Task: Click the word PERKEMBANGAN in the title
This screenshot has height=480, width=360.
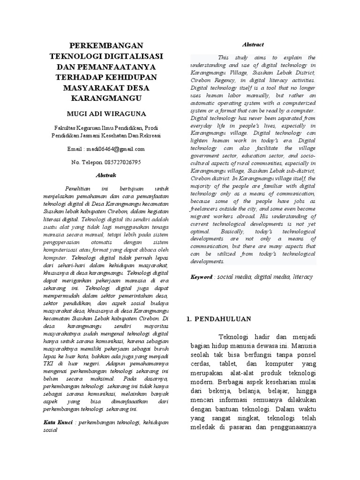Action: tap(106, 45)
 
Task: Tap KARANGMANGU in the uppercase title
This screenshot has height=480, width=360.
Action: tap(106, 98)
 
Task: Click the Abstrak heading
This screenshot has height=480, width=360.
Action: tap(105, 175)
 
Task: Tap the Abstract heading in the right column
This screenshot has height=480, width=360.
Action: tap(253, 45)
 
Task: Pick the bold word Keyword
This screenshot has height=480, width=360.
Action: tap(201, 277)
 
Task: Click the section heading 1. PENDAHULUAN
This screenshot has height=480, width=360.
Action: tap(219, 319)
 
